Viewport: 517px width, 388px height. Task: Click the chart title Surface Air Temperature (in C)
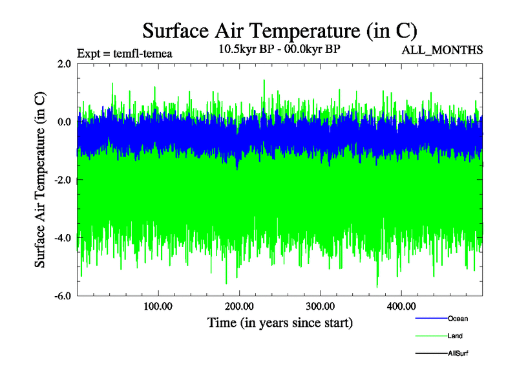click(280, 30)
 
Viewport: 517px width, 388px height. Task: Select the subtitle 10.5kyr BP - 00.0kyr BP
click(280, 49)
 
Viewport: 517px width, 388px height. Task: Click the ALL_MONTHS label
click(443, 50)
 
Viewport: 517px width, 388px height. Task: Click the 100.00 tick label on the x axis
click(158, 307)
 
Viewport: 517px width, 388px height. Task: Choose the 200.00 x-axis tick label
click(239, 307)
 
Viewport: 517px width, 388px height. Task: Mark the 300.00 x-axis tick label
click(320, 307)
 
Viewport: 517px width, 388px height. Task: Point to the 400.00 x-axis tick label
click(401, 307)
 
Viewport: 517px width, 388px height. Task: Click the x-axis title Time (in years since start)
click(280, 321)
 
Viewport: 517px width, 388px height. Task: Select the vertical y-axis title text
click(40, 180)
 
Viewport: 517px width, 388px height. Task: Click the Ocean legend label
click(458, 318)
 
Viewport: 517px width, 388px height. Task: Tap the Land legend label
click(455, 336)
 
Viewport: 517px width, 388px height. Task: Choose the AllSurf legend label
click(458, 353)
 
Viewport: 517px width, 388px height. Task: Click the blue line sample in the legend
click(430, 319)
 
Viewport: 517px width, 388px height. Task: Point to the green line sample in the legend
click(430, 336)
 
